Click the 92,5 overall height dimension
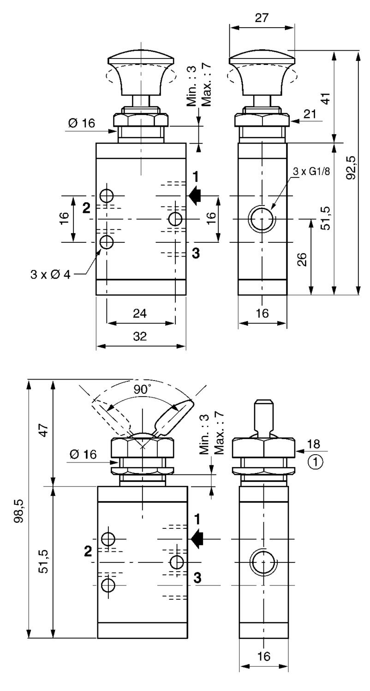[352, 168]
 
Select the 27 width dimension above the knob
[262, 18]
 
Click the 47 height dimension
[44, 433]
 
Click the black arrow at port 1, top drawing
[195, 195]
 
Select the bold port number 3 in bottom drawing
[197, 578]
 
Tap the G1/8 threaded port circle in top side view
[262, 218]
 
